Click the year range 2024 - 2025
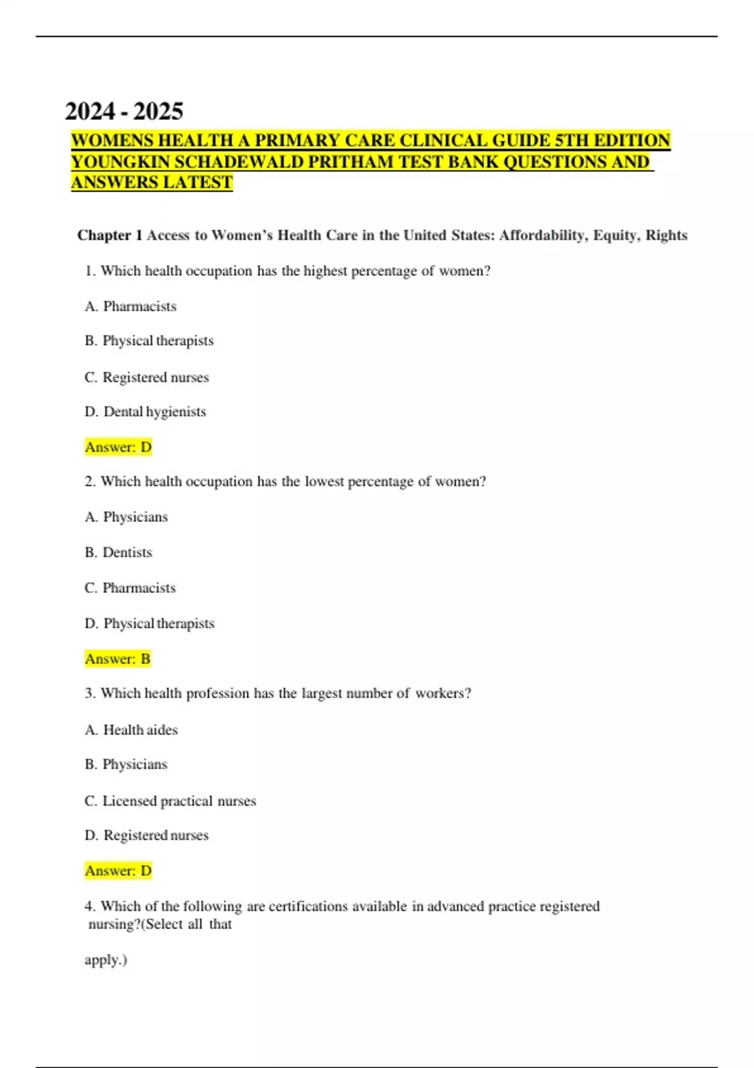(x=124, y=111)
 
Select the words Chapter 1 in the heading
(x=110, y=235)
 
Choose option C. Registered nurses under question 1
(x=146, y=377)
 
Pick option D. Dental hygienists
(x=145, y=411)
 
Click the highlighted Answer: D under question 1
(x=118, y=447)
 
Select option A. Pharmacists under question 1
(x=131, y=306)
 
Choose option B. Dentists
(x=118, y=552)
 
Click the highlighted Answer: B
(x=117, y=658)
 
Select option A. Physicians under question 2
(x=126, y=517)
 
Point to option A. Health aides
(x=131, y=729)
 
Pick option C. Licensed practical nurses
(x=170, y=801)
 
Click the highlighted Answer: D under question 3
(x=118, y=871)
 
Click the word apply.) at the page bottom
(x=106, y=960)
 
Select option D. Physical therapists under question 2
(x=150, y=623)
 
